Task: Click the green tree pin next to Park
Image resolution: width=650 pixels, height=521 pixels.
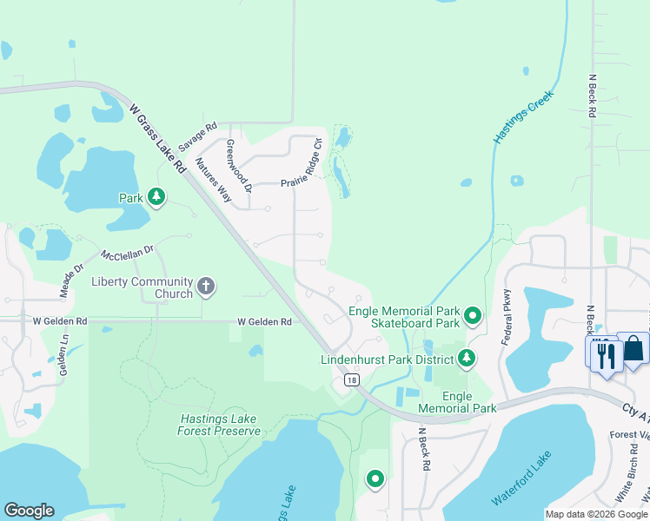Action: [156, 198]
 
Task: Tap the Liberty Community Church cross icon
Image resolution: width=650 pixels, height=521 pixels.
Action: [206, 286]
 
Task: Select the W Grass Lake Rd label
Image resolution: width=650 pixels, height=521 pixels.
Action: [158, 138]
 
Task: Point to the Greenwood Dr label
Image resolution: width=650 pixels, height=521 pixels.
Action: [238, 166]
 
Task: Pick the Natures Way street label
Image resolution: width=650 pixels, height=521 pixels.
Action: [214, 180]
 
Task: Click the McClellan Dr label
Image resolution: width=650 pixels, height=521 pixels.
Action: [127, 253]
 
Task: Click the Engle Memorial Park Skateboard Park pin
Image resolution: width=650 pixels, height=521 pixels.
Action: [473, 316]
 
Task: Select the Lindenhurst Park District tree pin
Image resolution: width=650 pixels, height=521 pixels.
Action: [467, 358]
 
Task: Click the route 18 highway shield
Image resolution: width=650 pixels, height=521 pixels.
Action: [351, 380]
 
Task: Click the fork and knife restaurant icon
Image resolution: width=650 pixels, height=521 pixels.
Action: [606, 354]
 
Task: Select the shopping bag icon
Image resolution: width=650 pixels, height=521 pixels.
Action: [633, 349]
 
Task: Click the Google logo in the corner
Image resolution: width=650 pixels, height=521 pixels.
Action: [29, 511]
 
